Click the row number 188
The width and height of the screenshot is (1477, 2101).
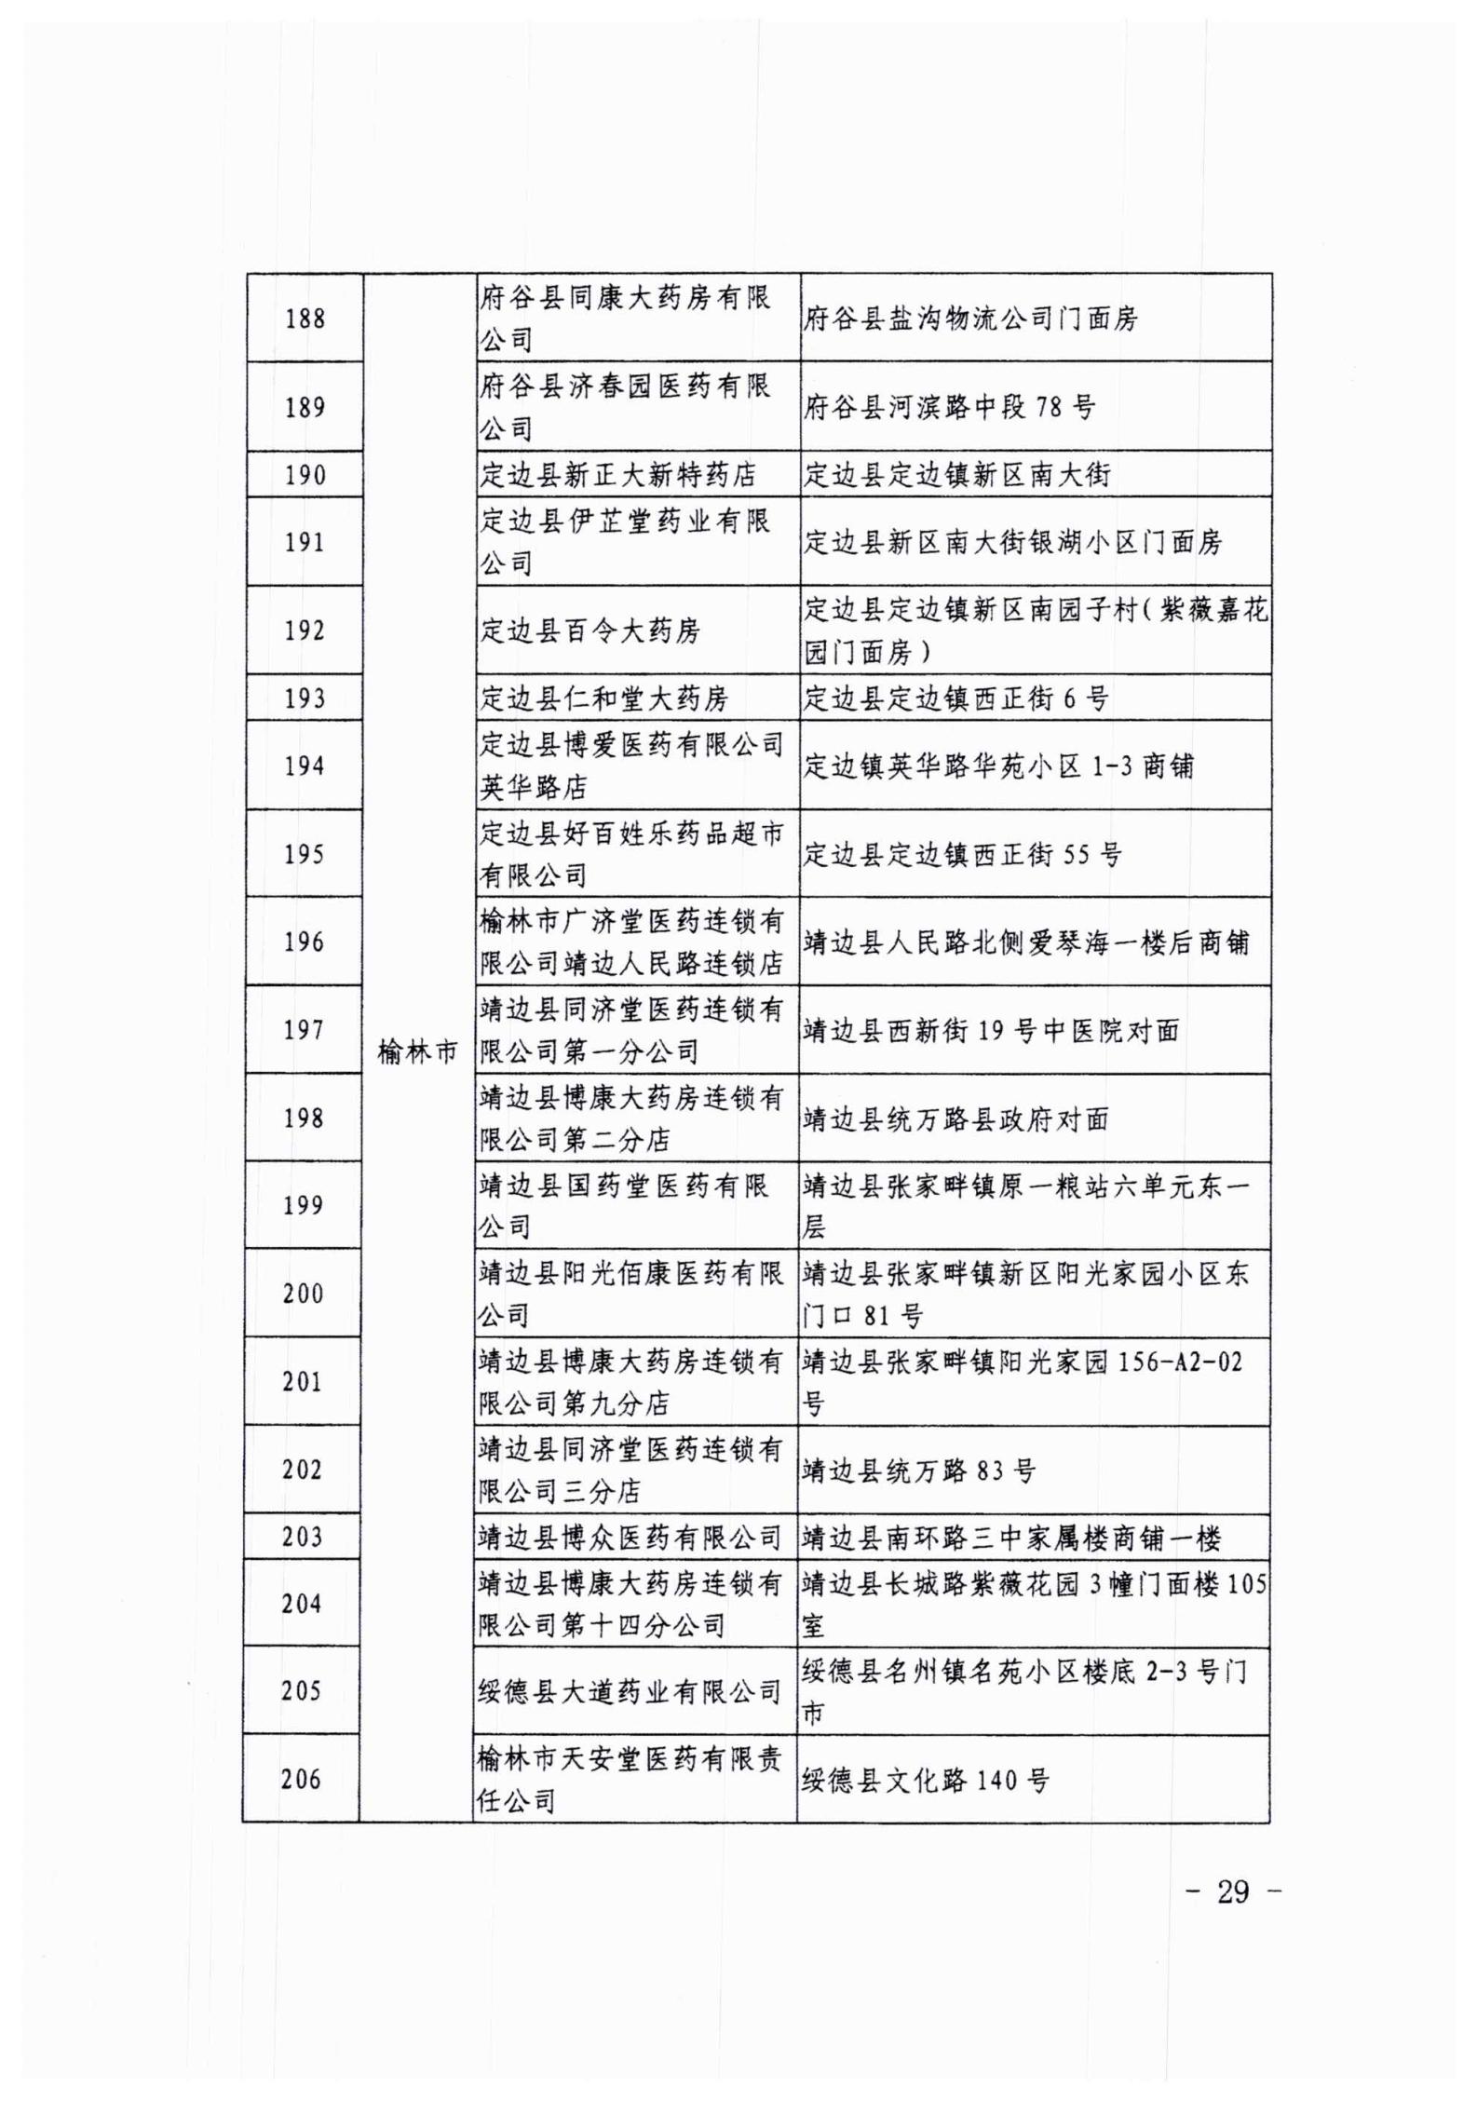(x=305, y=319)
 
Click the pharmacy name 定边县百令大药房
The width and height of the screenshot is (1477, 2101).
(x=589, y=631)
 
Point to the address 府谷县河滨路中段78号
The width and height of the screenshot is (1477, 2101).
(x=949, y=408)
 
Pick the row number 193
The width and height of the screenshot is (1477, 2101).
(x=305, y=698)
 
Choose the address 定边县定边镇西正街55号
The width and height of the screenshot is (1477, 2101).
(x=962, y=854)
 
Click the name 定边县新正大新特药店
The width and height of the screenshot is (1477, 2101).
(x=617, y=475)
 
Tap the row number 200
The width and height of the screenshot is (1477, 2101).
(x=303, y=1294)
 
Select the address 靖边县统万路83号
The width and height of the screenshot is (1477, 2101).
(x=918, y=1471)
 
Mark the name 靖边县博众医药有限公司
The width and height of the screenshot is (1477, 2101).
(x=630, y=1538)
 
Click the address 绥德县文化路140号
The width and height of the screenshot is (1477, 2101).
(x=926, y=1781)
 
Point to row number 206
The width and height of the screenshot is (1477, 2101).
(x=301, y=1780)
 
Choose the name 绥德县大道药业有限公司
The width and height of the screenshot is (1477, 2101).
(x=630, y=1691)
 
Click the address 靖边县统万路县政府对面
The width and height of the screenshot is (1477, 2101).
(x=956, y=1118)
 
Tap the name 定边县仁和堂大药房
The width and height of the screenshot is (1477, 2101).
(x=603, y=698)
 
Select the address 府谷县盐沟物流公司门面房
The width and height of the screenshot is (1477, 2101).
(x=970, y=319)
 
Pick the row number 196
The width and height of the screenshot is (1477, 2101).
(x=304, y=942)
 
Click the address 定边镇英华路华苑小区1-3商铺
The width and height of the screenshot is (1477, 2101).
(x=997, y=766)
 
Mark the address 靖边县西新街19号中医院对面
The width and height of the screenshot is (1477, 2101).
(x=991, y=1030)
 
